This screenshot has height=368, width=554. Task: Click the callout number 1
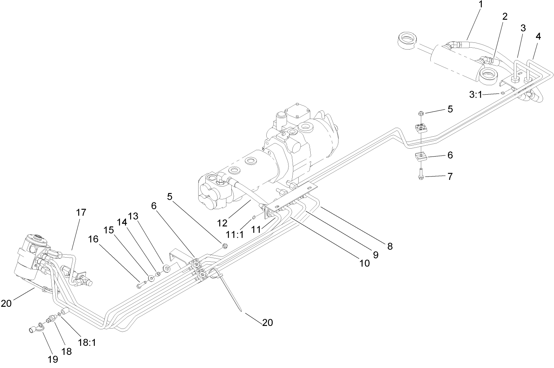[480, 5]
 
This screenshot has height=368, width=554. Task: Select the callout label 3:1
[475, 95]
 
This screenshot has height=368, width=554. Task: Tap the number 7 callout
[450, 176]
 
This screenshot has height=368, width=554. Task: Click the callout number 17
[81, 213]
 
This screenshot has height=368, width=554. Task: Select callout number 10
[364, 264]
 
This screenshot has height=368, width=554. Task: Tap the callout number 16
[94, 240]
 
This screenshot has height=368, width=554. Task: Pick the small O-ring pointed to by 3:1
[502, 93]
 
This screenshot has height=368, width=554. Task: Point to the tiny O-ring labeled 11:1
[255, 217]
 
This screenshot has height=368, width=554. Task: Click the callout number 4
[538, 36]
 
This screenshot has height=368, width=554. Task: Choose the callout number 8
[390, 246]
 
